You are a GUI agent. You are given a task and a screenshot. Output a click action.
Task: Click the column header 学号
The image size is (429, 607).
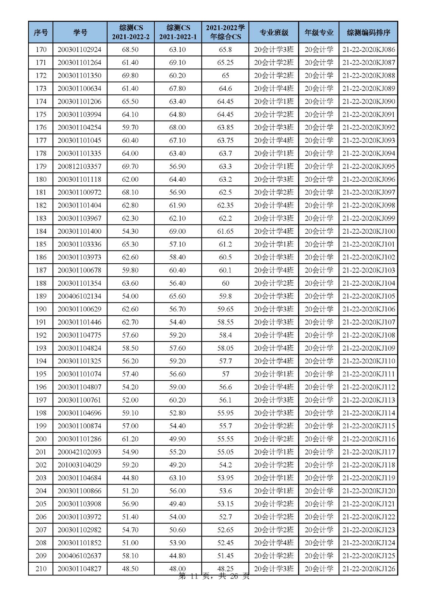[x=80, y=32]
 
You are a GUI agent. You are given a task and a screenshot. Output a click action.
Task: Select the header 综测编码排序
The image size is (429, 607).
[x=368, y=32]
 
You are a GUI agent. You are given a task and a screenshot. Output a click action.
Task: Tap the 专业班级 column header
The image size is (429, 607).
[x=273, y=32]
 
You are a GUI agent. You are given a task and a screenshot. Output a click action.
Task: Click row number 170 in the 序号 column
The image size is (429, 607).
[x=41, y=50]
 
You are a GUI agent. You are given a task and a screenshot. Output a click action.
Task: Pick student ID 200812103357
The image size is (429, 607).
[x=80, y=167]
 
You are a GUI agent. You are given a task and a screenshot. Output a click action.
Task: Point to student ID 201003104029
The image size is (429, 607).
[x=80, y=465]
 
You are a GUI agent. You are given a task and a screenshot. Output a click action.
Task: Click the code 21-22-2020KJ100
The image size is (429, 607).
[x=368, y=231]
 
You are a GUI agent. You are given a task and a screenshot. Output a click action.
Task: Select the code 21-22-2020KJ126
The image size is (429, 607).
[x=368, y=569]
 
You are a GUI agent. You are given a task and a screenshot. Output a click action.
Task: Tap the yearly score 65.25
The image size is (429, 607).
[x=225, y=63]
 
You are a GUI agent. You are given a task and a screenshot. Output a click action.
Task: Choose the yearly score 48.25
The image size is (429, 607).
[x=225, y=569]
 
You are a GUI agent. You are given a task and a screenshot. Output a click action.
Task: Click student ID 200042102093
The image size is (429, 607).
[x=80, y=452]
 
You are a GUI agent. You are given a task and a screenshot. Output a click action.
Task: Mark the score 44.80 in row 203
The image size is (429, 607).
[x=130, y=478]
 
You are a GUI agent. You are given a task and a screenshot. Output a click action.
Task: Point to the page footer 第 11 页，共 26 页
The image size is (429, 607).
[x=214, y=577]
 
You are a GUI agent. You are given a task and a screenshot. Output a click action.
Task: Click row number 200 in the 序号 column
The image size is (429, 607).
[x=41, y=439]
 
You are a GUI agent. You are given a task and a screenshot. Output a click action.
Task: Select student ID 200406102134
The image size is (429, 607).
[x=80, y=296]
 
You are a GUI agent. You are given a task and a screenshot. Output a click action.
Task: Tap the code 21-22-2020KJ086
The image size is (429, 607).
[x=368, y=50]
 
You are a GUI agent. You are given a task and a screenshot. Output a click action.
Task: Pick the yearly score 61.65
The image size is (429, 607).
[x=225, y=231]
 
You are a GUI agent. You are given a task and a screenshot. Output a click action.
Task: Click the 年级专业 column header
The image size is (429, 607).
[x=319, y=32]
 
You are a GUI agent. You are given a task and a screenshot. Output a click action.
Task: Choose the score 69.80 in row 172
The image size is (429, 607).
[x=130, y=75]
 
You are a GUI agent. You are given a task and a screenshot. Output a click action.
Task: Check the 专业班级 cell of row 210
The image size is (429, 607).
[x=273, y=569]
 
